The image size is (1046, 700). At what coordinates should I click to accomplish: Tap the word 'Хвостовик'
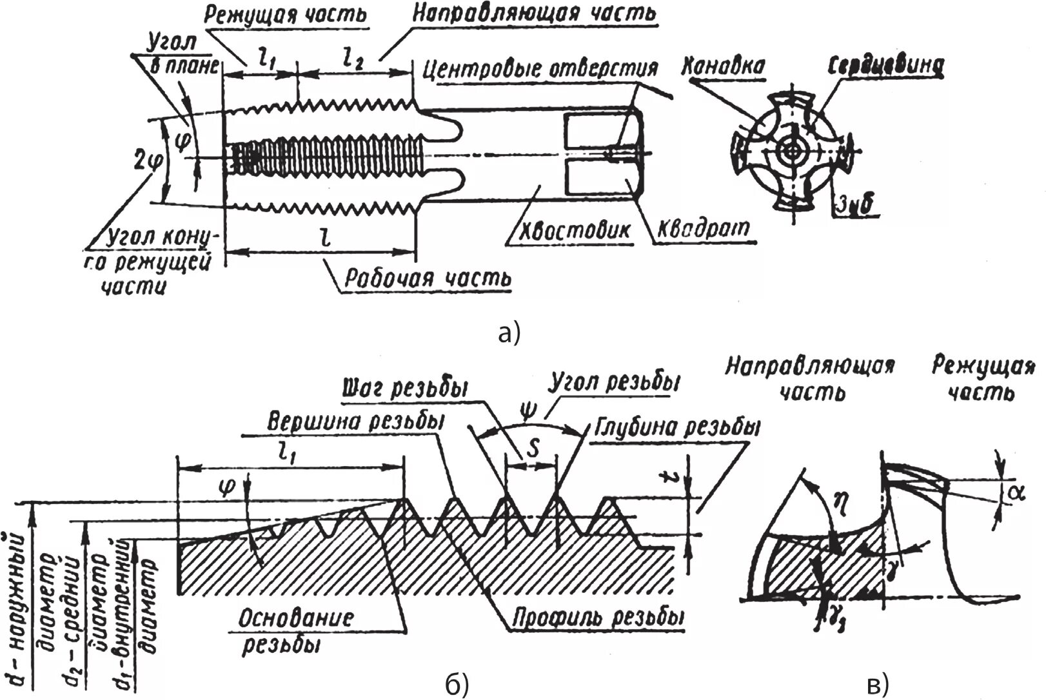[567, 230]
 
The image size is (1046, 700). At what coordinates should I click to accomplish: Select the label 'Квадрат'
[704, 228]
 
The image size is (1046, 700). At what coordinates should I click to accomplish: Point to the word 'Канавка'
[723, 66]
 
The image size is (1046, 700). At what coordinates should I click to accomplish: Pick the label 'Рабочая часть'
[428, 278]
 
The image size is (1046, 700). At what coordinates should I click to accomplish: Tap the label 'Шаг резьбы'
[405, 390]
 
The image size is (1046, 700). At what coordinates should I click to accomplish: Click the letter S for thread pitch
[532, 450]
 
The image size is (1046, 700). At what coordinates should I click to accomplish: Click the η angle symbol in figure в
[838, 497]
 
